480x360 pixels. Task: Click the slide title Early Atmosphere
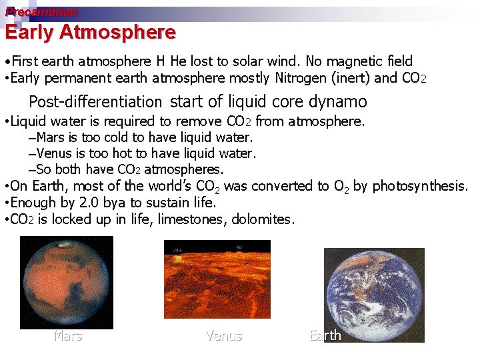click(91, 32)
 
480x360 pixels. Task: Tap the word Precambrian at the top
click(41, 12)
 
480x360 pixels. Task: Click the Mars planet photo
click(67, 283)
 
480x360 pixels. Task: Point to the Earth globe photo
click(373, 293)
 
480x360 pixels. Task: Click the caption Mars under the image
click(68, 336)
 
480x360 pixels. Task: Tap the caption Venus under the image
click(224, 336)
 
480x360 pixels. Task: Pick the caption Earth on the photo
click(325, 335)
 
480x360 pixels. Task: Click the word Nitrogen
click(304, 78)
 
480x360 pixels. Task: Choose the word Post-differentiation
click(95, 102)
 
